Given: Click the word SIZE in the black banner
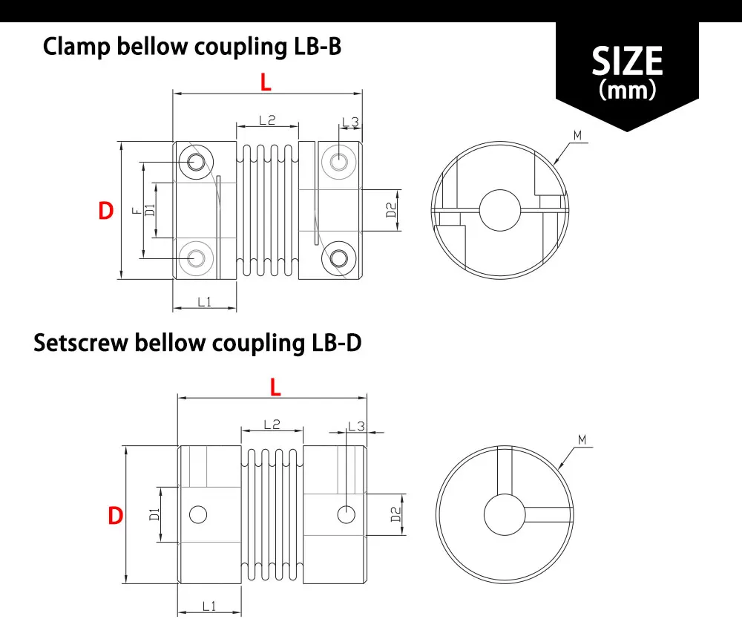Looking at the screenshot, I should point(627,61).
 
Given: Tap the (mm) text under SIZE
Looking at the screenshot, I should point(627,91).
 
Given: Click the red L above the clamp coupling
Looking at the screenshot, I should point(266,82).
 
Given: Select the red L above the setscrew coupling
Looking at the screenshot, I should point(275,386).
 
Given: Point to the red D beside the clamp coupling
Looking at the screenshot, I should point(106,212).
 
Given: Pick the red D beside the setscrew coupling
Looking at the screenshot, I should point(115,515).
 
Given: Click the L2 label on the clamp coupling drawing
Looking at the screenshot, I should point(267,119).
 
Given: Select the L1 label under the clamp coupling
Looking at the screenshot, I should point(205,301).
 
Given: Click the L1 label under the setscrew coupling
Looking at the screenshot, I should point(209,606).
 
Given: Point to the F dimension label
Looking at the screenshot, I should point(136,212).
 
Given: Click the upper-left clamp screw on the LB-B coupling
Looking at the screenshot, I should point(197,161).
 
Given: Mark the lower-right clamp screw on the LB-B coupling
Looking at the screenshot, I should point(338,258).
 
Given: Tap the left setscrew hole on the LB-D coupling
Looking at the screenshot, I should point(198,514).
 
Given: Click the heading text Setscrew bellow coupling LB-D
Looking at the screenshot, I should point(197,344).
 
